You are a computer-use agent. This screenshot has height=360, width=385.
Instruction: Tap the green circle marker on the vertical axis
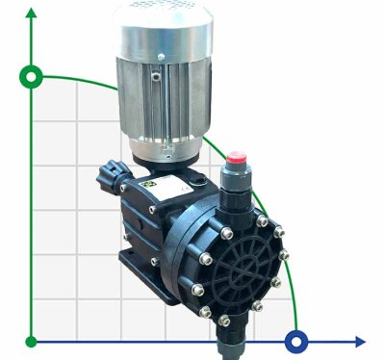coord(31,76)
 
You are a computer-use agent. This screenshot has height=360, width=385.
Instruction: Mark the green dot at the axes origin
coord(31,341)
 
